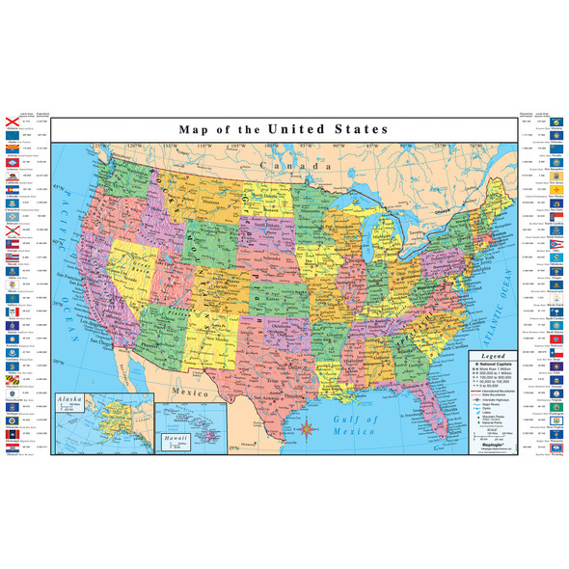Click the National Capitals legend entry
(x=495, y=366)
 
